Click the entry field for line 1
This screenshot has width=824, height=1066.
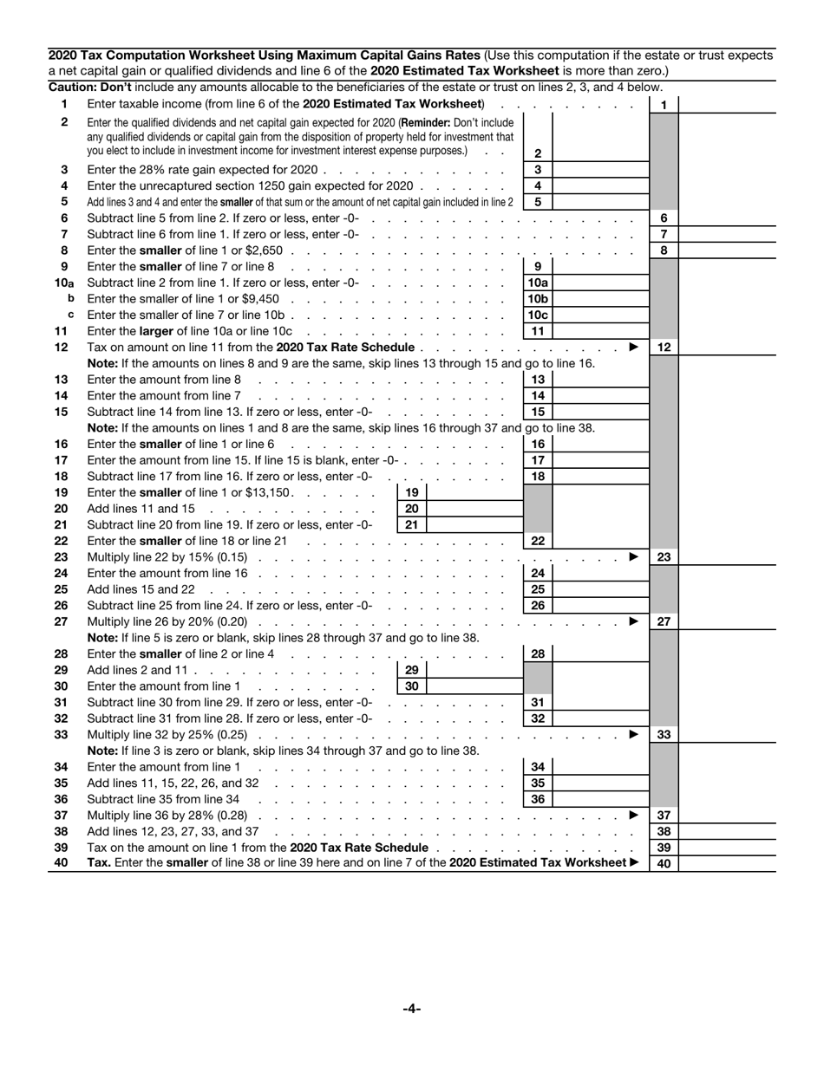coord(726,105)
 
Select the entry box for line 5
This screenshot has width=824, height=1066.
coord(599,202)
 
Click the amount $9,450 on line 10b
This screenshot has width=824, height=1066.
coord(262,299)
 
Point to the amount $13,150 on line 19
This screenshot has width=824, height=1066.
coord(271,493)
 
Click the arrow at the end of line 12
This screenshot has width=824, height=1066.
coord(633,348)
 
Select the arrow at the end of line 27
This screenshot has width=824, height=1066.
coord(633,621)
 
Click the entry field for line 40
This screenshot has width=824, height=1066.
coord(726,863)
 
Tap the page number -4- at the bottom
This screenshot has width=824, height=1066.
coord(411,1008)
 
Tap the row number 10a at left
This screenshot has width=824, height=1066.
coord(64,283)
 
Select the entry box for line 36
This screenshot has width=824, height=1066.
coord(599,799)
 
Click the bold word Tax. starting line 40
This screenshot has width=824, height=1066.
coord(99,863)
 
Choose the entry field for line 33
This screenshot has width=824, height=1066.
coord(726,734)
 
